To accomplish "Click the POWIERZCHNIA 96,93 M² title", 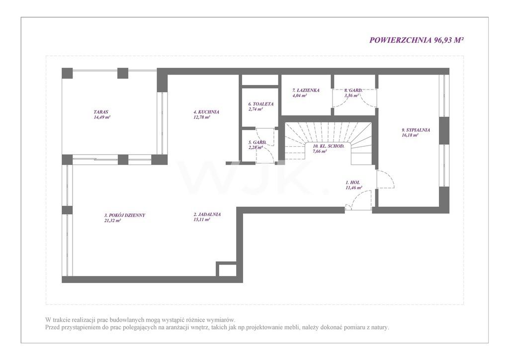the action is click(416, 40).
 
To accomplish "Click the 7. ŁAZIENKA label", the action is click(306, 90).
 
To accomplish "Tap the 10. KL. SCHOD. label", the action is click(328, 146).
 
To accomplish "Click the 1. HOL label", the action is click(352, 183).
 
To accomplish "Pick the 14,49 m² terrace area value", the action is click(102, 117).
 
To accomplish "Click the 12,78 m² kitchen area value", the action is click(202, 117).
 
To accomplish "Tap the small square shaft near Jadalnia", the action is click(226, 269).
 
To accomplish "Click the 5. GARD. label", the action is click(257, 143).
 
